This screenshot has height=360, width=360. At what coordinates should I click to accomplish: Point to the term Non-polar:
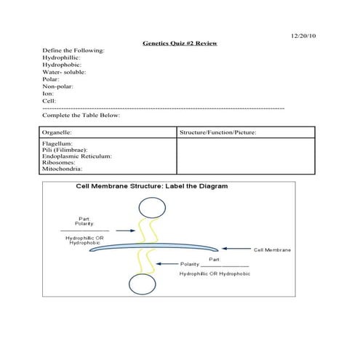pyautogui.click(x=58, y=87)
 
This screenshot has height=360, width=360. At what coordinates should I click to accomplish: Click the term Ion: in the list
pyautogui.click(x=49, y=94)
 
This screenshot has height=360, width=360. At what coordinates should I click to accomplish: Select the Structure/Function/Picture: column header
pyautogui.click(x=217, y=133)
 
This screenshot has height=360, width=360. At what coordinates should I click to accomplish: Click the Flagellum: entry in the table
pyautogui.click(x=57, y=144)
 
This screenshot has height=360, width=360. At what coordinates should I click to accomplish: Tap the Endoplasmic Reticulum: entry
pyautogui.click(x=76, y=156)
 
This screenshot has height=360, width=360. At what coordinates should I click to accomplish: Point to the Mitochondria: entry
pyautogui.click(x=63, y=169)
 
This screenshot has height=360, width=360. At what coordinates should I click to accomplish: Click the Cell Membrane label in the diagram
pyautogui.click(x=273, y=249)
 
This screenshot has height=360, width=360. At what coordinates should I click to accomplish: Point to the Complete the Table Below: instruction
pyautogui.click(x=81, y=115)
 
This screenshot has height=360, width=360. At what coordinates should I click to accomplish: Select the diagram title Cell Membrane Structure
pyautogui.click(x=152, y=187)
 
